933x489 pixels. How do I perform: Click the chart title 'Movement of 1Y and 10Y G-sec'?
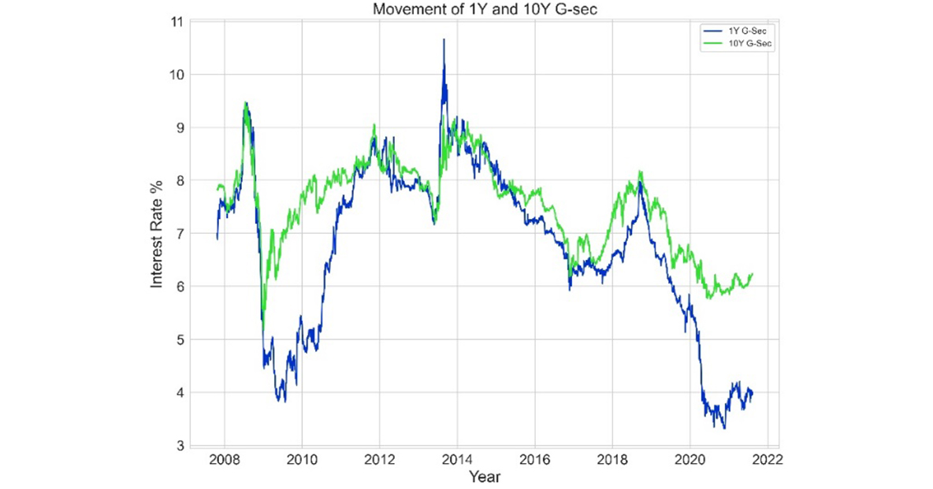pos(485,9)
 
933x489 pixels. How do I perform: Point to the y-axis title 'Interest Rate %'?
pos(157,234)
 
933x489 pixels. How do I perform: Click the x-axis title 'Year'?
pos(483,476)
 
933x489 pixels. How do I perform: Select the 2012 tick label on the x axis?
pos(379,458)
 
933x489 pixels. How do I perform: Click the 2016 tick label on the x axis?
pos(535,458)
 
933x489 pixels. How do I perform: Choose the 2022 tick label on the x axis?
pos(768,458)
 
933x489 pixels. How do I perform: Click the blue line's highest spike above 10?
pos(444,39)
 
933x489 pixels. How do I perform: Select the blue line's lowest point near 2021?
pos(724,428)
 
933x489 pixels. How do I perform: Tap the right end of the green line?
pos(753,274)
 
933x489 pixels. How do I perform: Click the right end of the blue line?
pos(753,393)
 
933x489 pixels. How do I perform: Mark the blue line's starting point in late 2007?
pos(217,238)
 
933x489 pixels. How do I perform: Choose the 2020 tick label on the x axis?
pos(690,458)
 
